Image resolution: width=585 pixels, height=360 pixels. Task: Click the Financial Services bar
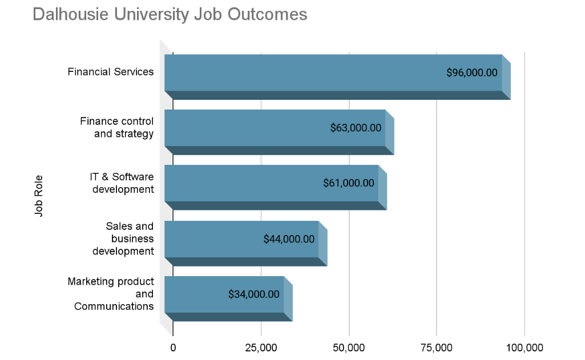337,77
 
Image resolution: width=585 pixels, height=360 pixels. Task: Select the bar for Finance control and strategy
279,132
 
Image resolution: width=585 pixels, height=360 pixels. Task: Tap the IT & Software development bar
275,187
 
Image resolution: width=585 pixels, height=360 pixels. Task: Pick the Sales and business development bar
246,243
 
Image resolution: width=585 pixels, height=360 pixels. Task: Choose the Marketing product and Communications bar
228,298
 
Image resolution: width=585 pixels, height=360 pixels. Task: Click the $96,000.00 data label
472,72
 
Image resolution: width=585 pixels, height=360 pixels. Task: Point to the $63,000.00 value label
356,128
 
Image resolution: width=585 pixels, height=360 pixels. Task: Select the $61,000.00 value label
349,183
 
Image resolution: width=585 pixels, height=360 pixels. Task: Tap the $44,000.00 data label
289,238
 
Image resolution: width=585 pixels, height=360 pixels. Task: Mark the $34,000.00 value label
254,294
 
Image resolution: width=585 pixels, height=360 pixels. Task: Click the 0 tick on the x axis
173,347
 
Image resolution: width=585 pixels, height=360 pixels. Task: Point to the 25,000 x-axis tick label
261,347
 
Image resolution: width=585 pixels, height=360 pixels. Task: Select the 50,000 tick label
349,347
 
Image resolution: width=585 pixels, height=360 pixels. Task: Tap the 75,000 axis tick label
437,347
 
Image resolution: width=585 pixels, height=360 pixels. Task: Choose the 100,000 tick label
525,347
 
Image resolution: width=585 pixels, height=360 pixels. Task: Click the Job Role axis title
39,196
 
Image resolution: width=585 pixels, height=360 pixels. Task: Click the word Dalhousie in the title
71,15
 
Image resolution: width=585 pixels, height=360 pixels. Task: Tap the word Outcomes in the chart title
267,15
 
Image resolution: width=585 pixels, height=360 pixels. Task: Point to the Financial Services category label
110,72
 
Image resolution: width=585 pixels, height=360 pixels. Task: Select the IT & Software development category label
122,183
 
